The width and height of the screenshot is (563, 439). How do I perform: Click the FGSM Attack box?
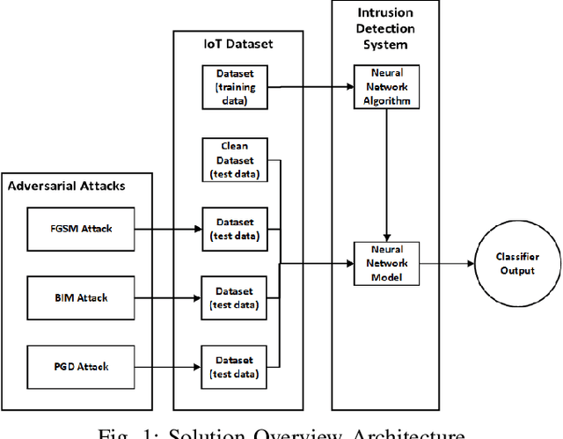click(80, 229)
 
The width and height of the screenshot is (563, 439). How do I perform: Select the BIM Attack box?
click(80, 297)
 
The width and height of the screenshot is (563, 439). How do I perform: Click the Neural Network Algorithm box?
click(383, 86)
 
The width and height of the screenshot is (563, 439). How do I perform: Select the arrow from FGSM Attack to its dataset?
click(168, 229)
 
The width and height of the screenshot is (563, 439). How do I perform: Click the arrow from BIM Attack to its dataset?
click(168, 297)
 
